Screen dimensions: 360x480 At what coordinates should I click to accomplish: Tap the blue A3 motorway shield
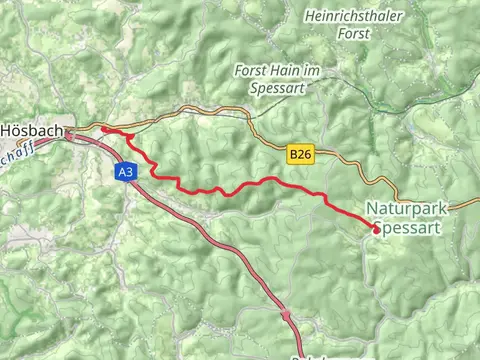click(124, 173)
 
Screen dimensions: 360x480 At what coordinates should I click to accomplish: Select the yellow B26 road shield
click(299, 154)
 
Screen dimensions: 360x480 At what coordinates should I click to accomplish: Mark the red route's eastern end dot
click(375, 229)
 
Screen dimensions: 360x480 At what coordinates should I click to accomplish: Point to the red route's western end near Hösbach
click(104, 129)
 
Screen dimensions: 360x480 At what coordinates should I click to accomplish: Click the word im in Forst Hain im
click(312, 71)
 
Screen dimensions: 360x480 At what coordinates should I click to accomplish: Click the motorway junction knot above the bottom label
click(287, 317)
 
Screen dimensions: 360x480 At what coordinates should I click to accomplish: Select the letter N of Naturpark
click(372, 209)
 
